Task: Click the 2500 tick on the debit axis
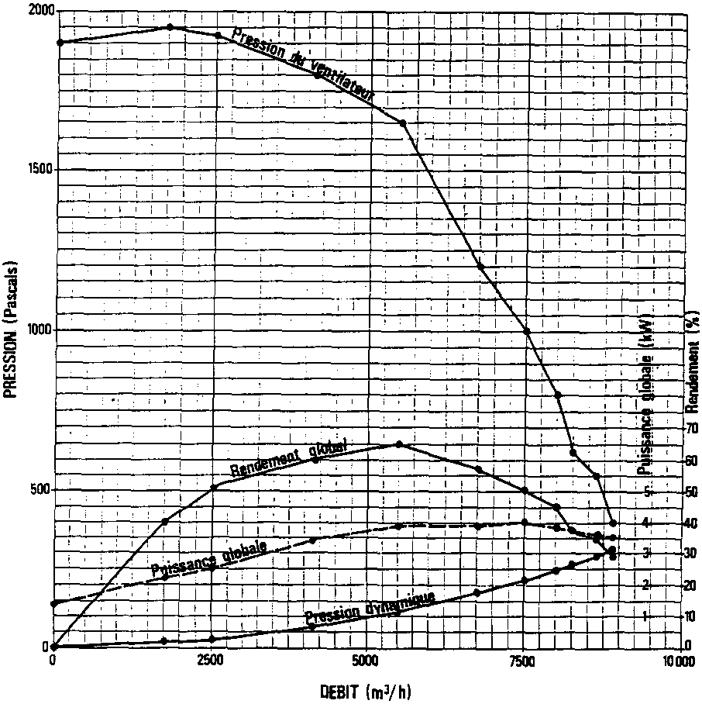click(x=209, y=661)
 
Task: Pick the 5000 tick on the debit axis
click(x=366, y=661)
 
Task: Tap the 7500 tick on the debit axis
click(x=523, y=661)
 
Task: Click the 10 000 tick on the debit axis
click(x=679, y=661)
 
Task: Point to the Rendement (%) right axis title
click(x=691, y=357)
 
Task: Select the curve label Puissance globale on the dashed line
click(x=209, y=559)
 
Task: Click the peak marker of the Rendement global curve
click(x=399, y=444)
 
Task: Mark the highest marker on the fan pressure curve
click(x=170, y=27)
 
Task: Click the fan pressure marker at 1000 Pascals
click(x=527, y=331)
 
